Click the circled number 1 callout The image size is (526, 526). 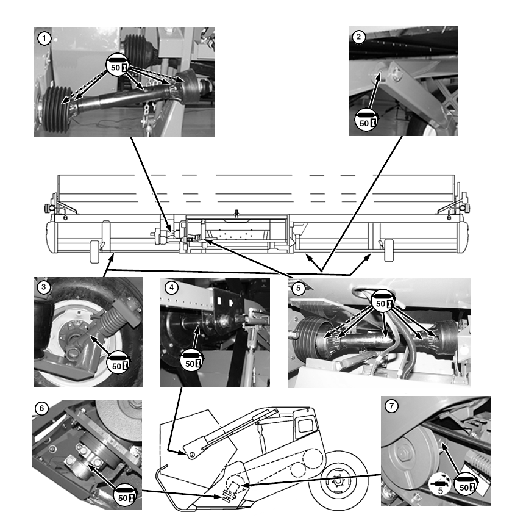44,38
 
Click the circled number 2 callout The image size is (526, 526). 358,37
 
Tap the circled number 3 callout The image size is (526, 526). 44,287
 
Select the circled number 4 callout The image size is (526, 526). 171,288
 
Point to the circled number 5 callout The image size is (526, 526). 298,289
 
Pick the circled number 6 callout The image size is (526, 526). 41,408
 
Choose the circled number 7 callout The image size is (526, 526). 391,406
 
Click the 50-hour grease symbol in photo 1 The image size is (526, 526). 118,65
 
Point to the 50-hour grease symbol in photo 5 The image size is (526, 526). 383,301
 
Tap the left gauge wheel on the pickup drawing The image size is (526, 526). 95,251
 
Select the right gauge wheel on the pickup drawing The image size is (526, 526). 388,250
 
